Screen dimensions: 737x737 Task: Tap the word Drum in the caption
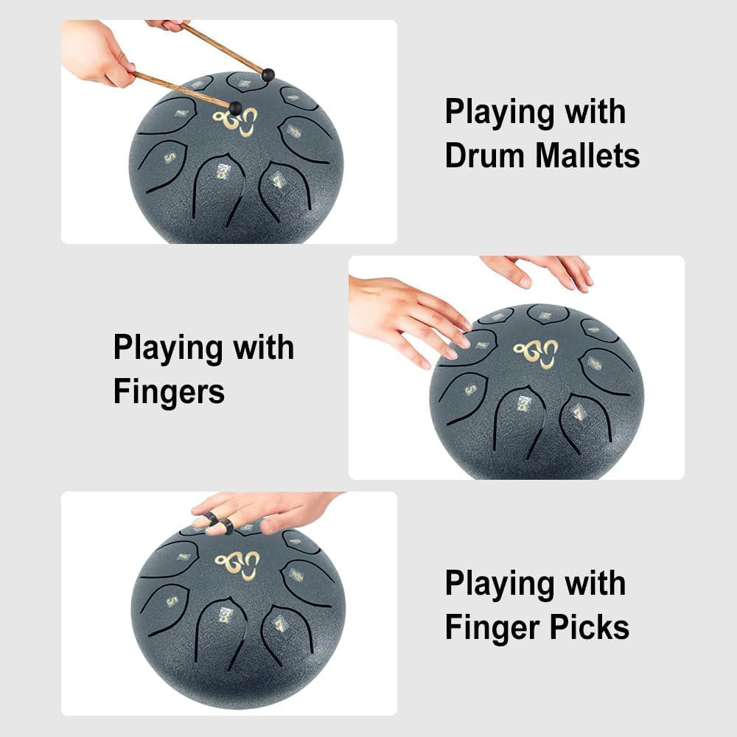tap(485, 156)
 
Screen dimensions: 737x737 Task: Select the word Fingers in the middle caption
tap(169, 391)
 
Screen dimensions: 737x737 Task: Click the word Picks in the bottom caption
tap(594, 627)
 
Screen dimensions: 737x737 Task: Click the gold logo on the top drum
tap(236, 119)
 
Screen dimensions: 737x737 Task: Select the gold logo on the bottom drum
tap(237, 565)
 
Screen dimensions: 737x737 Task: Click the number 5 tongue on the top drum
tap(169, 157)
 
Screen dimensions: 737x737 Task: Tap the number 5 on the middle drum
tap(469, 389)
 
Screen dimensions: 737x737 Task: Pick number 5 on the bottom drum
tap(172, 601)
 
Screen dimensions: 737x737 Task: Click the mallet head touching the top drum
tap(235, 108)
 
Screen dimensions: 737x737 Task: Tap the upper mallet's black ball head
tap(268, 74)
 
